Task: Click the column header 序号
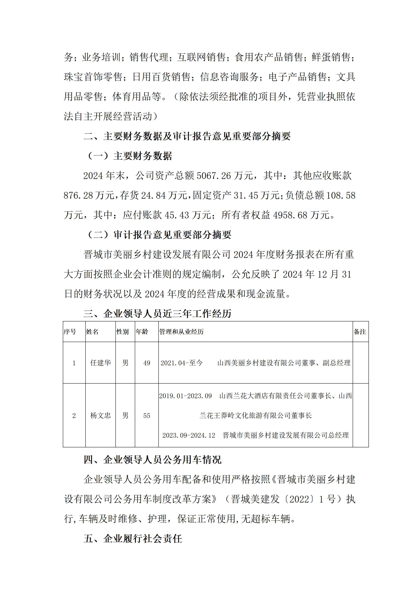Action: click(x=70, y=332)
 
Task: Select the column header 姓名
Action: click(x=92, y=332)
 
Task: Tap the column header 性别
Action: click(x=123, y=332)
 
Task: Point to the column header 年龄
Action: click(x=142, y=332)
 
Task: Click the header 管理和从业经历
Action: click(x=181, y=332)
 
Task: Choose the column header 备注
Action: click(x=360, y=332)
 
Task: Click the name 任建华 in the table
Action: click(x=100, y=363)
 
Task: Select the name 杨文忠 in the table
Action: click(x=100, y=415)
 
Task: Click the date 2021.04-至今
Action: click(x=182, y=363)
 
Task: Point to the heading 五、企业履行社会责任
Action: click(x=133, y=539)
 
